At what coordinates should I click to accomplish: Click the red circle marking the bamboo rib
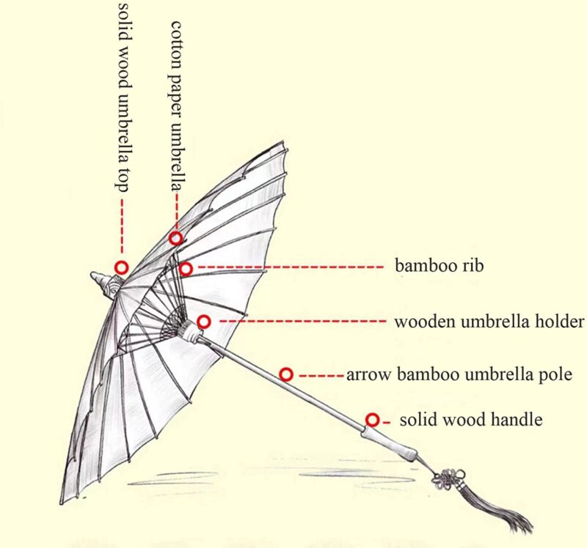click(x=186, y=269)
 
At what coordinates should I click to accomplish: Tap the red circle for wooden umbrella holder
click(x=204, y=322)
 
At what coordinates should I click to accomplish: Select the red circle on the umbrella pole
click(x=287, y=374)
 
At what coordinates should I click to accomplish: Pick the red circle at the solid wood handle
click(x=373, y=420)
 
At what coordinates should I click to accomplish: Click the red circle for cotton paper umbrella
click(x=176, y=238)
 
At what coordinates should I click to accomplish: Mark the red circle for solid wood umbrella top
click(x=121, y=268)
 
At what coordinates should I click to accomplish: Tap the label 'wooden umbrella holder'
click(x=489, y=322)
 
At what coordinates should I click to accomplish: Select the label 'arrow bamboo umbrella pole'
click(x=458, y=375)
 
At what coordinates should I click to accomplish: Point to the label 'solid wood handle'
click(x=470, y=420)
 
